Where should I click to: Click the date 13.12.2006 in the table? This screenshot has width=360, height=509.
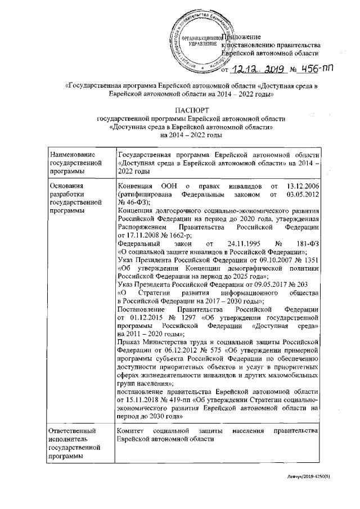(x=303, y=186)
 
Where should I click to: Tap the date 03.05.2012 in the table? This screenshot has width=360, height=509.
(x=303, y=194)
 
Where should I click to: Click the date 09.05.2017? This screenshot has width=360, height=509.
(x=259, y=284)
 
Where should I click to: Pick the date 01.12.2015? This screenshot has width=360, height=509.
(x=138, y=317)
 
